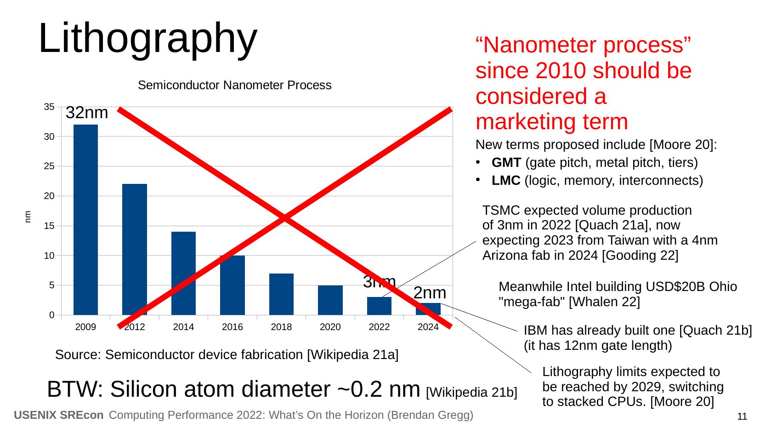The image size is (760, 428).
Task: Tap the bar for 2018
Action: (x=281, y=294)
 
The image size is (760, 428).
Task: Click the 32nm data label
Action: (x=87, y=113)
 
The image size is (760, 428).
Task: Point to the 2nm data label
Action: (x=430, y=293)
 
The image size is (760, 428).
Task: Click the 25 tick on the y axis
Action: (x=49, y=166)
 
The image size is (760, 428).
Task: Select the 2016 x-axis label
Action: (x=232, y=327)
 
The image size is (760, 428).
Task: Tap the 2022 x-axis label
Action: (x=379, y=327)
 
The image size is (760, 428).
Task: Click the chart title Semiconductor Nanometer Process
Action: (x=234, y=85)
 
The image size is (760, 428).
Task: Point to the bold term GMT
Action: (x=506, y=162)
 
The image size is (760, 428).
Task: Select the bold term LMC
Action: (x=505, y=180)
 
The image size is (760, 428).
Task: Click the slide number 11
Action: (x=742, y=417)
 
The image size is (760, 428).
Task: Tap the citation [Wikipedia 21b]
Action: (x=471, y=392)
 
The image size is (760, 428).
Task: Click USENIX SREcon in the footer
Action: (x=59, y=415)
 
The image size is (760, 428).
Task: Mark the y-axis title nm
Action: (x=28, y=217)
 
